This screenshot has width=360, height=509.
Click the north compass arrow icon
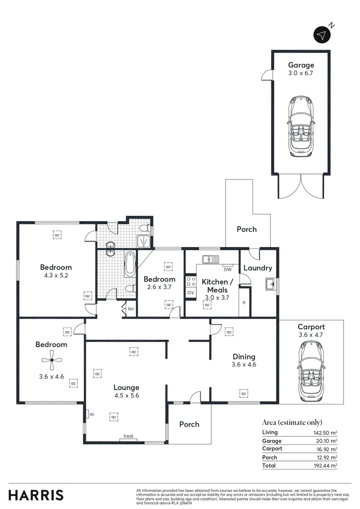[x=322, y=35]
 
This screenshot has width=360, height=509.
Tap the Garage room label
[x=301, y=65]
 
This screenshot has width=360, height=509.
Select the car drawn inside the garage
[x=301, y=126]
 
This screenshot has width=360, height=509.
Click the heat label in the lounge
[x=128, y=436]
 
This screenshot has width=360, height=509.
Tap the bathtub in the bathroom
[x=130, y=264]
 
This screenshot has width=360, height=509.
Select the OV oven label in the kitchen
[x=191, y=293]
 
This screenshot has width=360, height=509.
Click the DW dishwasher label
[x=228, y=270]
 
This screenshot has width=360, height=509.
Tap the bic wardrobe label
[x=131, y=310]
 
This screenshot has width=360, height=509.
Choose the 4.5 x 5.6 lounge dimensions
[x=126, y=396]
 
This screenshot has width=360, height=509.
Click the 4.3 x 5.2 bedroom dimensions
[x=56, y=276]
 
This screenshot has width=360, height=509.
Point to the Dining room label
[x=244, y=356]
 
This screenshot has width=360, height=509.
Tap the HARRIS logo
[x=36, y=495]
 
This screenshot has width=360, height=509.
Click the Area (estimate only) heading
[x=292, y=422]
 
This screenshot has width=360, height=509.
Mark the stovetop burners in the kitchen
[x=191, y=281]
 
